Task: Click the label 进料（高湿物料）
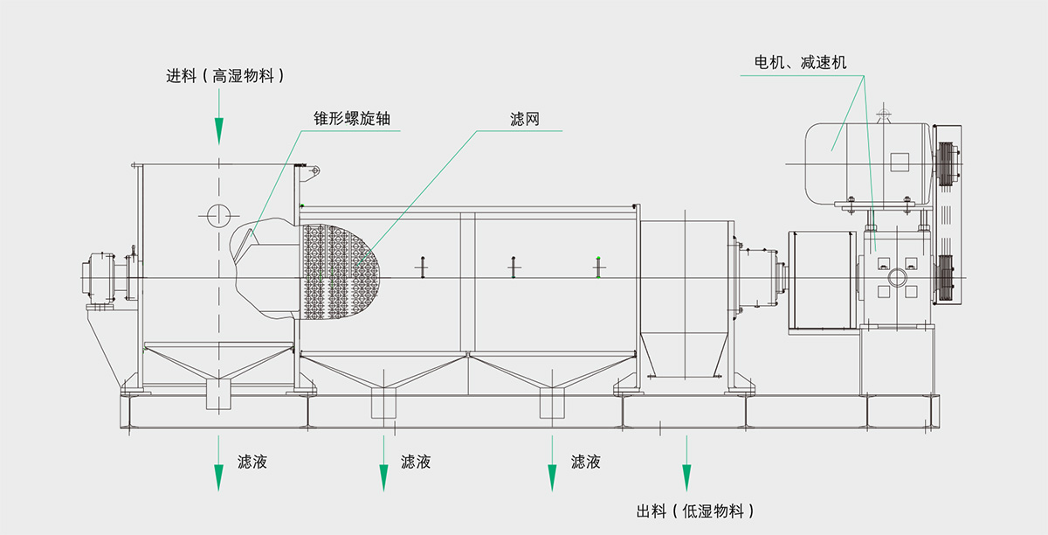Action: pyautogui.click(x=226, y=76)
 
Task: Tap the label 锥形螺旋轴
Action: pyautogui.click(x=351, y=118)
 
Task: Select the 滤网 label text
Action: pyautogui.click(x=525, y=118)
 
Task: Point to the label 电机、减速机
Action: pyautogui.click(x=800, y=63)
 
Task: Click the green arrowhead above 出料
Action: pyautogui.click(x=686, y=476)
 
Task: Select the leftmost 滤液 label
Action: pyautogui.click(x=252, y=462)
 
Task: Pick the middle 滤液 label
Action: pyautogui.click(x=416, y=462)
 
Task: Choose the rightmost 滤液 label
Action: pyautogui.click(x=586, y=462)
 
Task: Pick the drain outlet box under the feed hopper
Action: pyautogui.click(x=218, y=395)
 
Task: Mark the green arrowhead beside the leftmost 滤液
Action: pyautogui.click(x=219, y=477)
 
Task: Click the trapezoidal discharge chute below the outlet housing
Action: pyautogui.click(x=686, y=352)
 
